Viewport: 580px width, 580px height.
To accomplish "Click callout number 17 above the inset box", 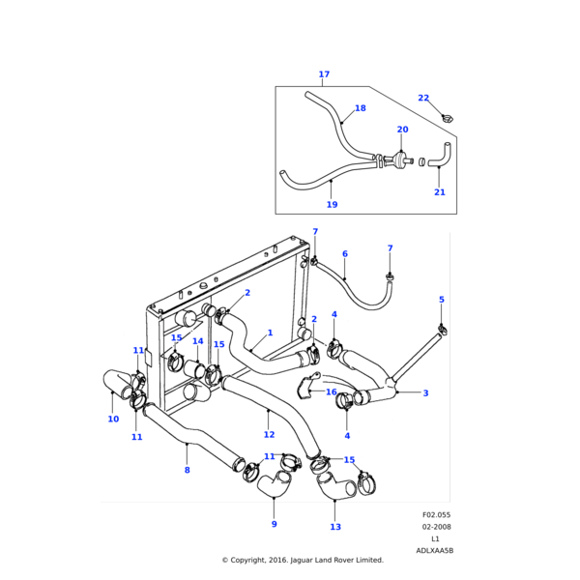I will pyautogui.click(x=324, y=74).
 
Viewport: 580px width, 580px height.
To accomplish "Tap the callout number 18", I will pyautogui.click(x=361, y=108).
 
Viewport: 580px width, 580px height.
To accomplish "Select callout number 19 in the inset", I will pyautogui.click(x=332, y=204).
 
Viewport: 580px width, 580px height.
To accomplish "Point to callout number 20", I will pyautogui.click(x=402, y=130).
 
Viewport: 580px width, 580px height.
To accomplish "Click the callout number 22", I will pyautogui.click(x=423, y=98).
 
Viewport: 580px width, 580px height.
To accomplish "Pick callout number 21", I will pyautogui.click(x=440, y=192).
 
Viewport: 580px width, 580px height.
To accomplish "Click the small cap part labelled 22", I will pyautogui.click(x=447, y=118).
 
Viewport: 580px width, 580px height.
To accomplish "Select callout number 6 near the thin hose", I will pyautogui.click(x=344, y=254).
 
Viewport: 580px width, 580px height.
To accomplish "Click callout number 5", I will pyautogui.click(x=442, y=300).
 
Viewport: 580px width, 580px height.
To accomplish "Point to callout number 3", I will pyautogui.click(x=425, y=393).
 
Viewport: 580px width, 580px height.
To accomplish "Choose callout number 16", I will pyautogui.click(x=332, y=392).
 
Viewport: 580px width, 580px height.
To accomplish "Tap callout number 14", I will pyautogui.click(x=197, y=341).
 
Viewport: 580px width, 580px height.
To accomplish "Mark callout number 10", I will pyautogui.click(x=113, y=420).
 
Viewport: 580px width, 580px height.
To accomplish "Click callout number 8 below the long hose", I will pyautogui.click(x=187, y=471).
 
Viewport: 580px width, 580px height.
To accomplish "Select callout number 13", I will pyautogui.click(x=335, y=527).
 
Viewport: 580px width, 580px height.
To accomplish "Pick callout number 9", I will pyautogui.click(x=274, y=524).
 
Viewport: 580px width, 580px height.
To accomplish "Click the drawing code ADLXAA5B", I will pyautogui.click(x=434, y=550).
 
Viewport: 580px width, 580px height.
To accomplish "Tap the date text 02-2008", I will pyautogui.click(x=436, y=527).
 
